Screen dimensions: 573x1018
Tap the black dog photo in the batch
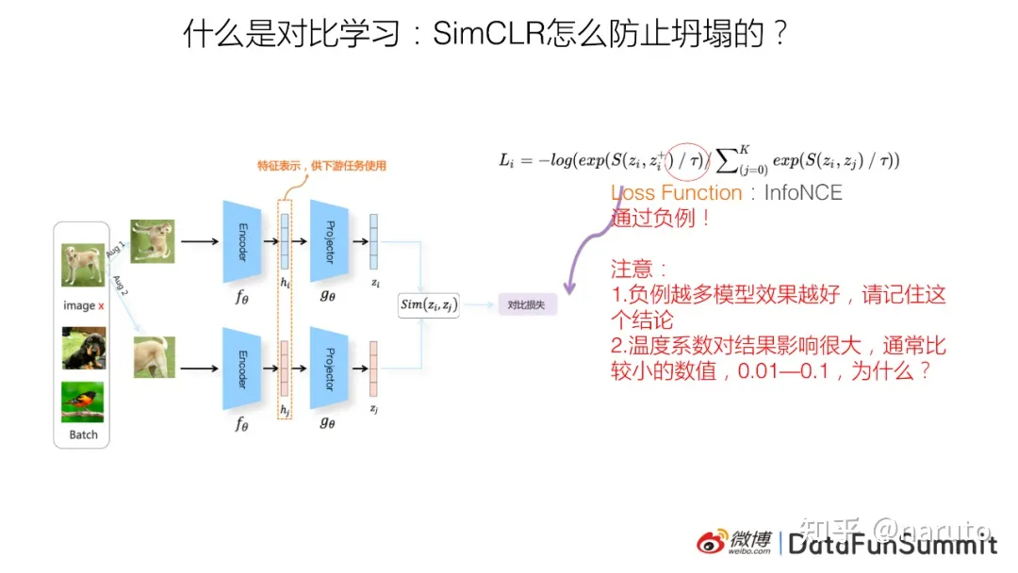pos(83,347)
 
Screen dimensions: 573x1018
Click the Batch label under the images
pos(83,434)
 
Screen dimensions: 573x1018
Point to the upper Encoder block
pos(241,241)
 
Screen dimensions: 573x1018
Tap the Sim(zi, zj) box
pos(429,303)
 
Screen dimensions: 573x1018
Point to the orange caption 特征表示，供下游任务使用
pos(322,166)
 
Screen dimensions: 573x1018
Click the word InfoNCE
pos(803,193)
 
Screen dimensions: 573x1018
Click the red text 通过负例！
pos(661,219)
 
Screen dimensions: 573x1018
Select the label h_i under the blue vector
pos(286,283)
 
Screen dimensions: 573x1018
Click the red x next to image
pos(102,305)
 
